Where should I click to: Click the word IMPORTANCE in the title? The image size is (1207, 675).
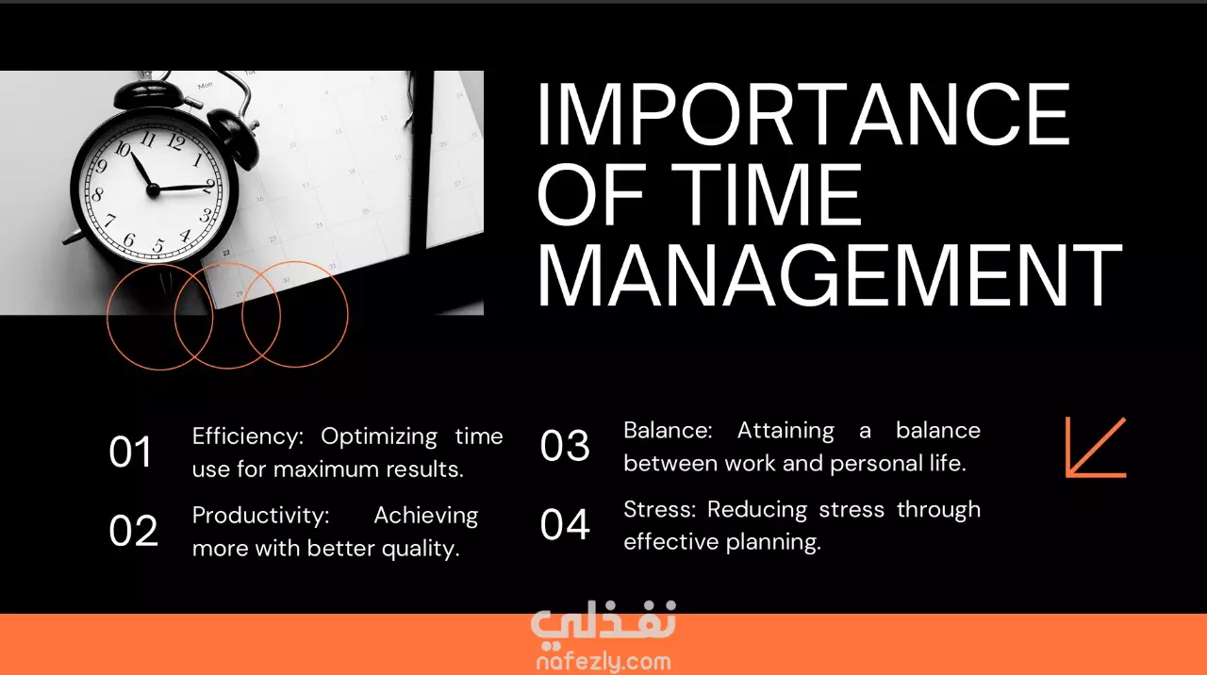pyautogui.click(x=803, y=114)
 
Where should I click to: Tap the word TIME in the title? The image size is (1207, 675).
pyautogui.click(x=765, y=194)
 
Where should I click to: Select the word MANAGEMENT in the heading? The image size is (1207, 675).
pyautogui.click(x=829, y=275)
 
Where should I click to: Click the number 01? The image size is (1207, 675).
pyautogui.click(x=130, y=452)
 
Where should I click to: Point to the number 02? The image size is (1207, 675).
pyautogui.click(x=134, y=531)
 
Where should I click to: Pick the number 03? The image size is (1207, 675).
pyautogui.click(x=565, y=446)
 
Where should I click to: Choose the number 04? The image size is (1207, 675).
pyautogui.click(x=565, y=525)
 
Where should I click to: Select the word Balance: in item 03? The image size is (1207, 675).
pyautogui.click(x=669, y=431)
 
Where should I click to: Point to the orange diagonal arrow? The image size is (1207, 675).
pyautogui.click(x=1096, y=447)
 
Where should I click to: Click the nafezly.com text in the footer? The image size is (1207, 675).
pyautogui.click(x=603, y=662)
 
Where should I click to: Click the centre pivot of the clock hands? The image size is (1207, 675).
pyautogui.click(x=154, y=189)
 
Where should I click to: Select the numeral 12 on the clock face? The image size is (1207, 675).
pyautogui.click(x=176, y=141)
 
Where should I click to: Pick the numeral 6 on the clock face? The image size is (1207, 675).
pyautogui.click(x=129, y=239)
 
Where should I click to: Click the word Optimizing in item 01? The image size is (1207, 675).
pyautogui.click(x=379, y=437)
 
